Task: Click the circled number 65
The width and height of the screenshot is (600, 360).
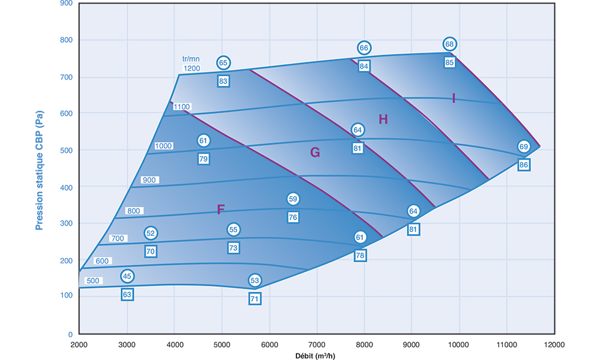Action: click(223, 63)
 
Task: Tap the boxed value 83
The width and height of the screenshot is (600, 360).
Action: click(223, 80)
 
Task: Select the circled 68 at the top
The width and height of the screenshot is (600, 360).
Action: click(450, 44)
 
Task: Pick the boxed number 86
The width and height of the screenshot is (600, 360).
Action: click(524, 164)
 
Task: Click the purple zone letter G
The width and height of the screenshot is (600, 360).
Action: click(314, 153)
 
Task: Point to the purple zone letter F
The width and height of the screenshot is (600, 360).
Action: click(220, 209)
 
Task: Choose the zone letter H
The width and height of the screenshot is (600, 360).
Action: click(383, 119)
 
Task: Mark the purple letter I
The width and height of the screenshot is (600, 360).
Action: click(454, 98)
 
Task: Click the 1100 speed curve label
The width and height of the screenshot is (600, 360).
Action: click(182, 107)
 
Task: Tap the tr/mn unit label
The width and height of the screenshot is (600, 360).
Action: click(191, 59)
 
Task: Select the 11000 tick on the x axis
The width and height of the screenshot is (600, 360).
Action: click(506, 346)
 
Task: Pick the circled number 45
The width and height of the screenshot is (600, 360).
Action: click(127, 276)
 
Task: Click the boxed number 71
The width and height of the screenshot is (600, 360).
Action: click(255, 298)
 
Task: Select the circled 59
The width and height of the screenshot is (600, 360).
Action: click(293, 199)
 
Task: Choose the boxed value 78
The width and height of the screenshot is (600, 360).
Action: click(360, 256)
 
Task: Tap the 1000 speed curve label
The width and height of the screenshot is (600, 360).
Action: click(163, 146)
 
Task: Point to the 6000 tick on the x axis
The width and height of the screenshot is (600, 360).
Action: click(269, 346)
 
